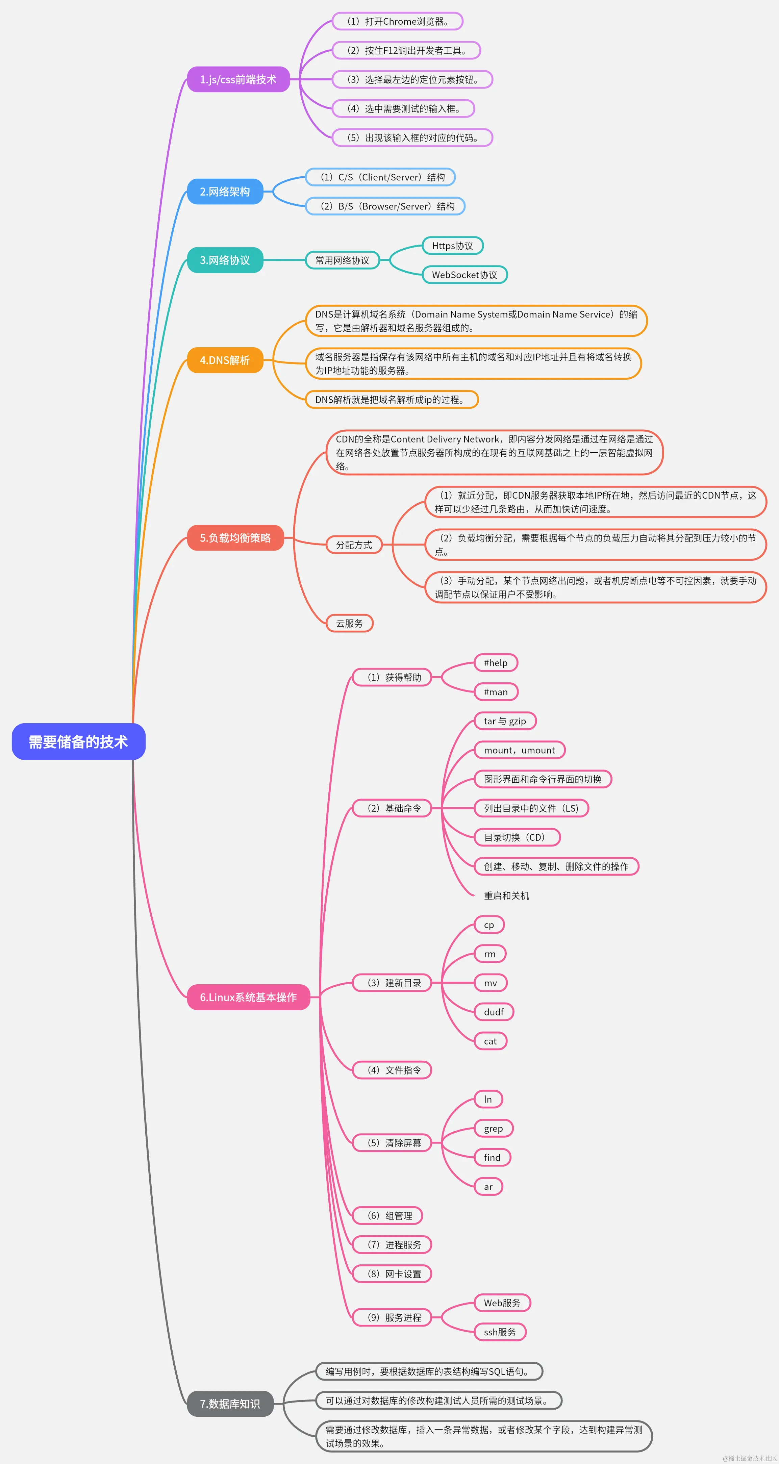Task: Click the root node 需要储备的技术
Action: pyautogui.click(x=78, y=742)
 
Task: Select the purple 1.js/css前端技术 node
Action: pyautogui.click(x=238, y=80)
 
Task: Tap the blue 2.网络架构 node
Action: pyautogui.click(x=225, y=192)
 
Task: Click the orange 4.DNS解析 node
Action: pyautogui.click(x=225, y=360)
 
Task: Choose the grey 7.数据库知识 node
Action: pyautogui.click(x=230, y=1404)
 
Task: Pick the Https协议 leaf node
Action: pyautogui.click(x=452, y=246)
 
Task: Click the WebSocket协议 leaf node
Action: pyautogui.click(x=464, y=275)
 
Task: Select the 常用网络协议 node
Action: pyautogui.click(x=342, y=260)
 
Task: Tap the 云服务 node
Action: pyautogui.click(x=349, y=624)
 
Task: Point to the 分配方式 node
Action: pyautogui.click(x=353, y=545)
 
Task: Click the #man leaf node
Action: pyautogui.click(x=496, y=692)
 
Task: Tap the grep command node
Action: pyautogui.click(x=493, y=1129)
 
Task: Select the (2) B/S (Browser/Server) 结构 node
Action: pyautogui.click(x=385, y=206)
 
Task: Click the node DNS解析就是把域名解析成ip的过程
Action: pyautogui.click(x=392, y=400)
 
